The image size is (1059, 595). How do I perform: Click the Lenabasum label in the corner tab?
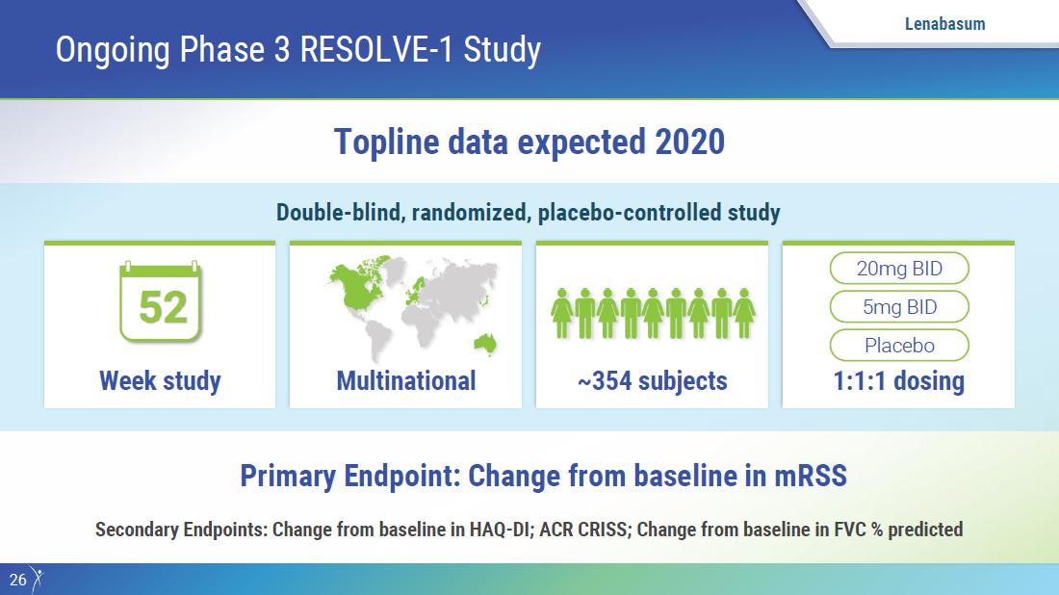[x=944, y=24]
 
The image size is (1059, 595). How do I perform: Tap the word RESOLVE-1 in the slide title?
[x=376, y=50]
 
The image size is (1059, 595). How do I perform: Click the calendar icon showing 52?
[x=160, y=301]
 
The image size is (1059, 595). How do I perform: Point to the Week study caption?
[x=160, y=381]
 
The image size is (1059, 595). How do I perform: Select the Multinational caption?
[x=406, y=381]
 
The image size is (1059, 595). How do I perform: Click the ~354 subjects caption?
[x=653, y=381]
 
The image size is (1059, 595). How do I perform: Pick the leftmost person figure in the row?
[x=562, y=313]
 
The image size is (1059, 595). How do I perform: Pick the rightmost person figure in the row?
[x=744, y=313]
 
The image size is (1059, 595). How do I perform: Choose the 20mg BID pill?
[x=899, y=269]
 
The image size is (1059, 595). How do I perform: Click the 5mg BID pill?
[x=899, y=307]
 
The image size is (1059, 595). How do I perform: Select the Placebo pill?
[x=899, y=346]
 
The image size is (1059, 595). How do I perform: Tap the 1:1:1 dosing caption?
[x=899, y=381]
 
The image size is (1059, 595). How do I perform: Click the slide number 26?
[x=17, y=580]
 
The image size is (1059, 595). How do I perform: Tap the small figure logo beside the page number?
[x=38, y=580]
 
